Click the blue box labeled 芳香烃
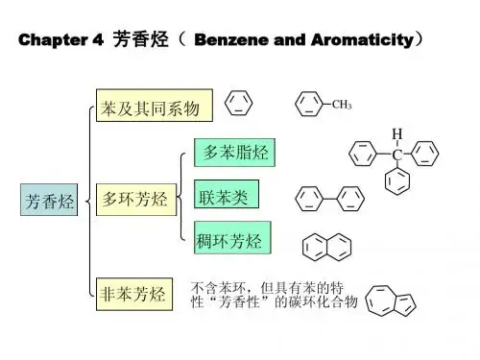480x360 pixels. click(x=49, y=200)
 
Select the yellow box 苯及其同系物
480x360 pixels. click(x=155, y=106)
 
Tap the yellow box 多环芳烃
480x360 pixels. click(x=136, y=200)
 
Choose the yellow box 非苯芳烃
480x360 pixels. click(x=134, y=294)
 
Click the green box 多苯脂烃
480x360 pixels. click(x=234, y=153)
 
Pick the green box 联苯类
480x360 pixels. click(x=227, y=194)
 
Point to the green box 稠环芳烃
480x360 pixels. click(x=232, y=237)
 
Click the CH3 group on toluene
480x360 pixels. click(x=342, y=105)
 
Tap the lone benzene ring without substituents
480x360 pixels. click(x=239, y=103)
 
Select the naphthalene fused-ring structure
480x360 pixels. click(x=326, y=247)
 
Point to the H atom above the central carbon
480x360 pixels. click(x=397, y=133)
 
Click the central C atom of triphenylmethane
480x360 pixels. click(x=397, y=155)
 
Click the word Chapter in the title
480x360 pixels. click(x=53, y=40)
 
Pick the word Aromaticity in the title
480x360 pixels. click(x=363, y=40)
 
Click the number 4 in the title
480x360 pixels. click(x=98, y=39)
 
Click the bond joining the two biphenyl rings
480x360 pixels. click(x=330, y=199)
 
